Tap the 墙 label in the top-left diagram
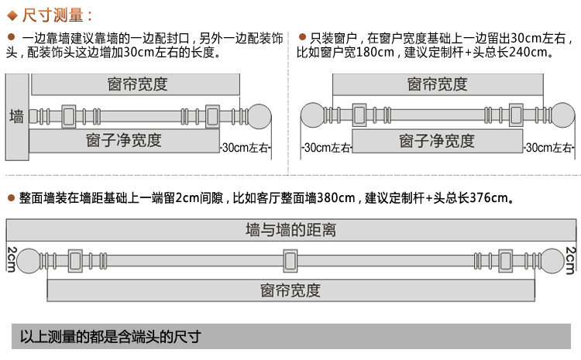click(x=16, y=117)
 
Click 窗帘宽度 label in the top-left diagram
click(x=138, y=84)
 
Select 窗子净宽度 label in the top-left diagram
click(x=124, y=140)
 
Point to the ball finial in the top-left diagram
click(x=259, y=116)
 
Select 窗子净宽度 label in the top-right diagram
click(x=436, y=141)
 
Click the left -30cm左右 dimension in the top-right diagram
click(x=325, y=147)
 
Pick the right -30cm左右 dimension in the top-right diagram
click(x=549, y=147)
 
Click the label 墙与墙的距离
click(x=290, y=230)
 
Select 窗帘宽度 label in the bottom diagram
click(x=290, y=290)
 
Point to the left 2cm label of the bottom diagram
click(x=12, y=259)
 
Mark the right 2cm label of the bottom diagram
click(x=570, y=259)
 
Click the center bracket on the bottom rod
click(x=290, y=260)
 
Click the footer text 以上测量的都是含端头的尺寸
click(x=110, y=337)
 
